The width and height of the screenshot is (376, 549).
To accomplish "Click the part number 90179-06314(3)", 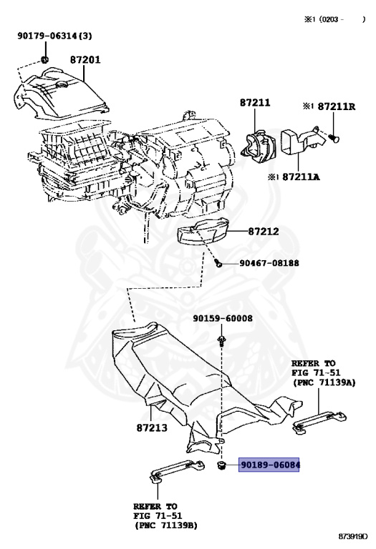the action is coord(54,36).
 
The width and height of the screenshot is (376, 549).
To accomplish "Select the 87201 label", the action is coord(85,59).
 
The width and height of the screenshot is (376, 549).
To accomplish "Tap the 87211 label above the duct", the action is coord(255,103).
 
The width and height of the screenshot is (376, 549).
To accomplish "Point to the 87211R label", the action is coord(337,106).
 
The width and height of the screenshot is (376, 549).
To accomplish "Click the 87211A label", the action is coord(301,177).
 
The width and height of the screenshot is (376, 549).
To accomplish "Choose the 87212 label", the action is coord(264,231).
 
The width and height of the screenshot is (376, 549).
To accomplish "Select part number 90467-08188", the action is coord(269,262).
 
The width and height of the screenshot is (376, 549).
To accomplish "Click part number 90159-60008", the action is coord(223,318).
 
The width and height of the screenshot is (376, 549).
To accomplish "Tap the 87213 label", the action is coord(152,427).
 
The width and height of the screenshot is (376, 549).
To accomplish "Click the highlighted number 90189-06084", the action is coord(269,465).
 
